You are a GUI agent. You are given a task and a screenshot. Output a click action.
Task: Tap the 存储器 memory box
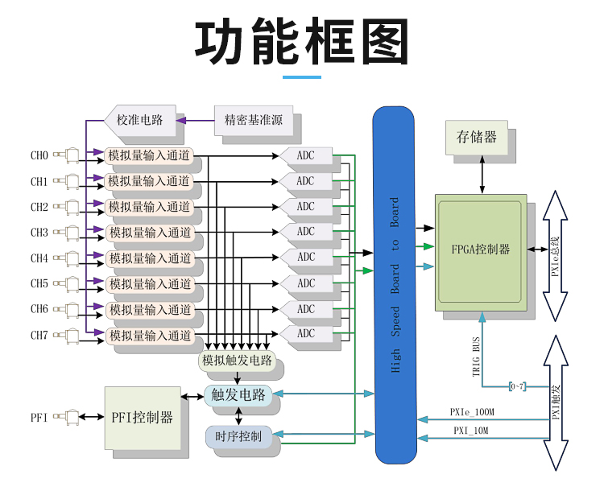pyautogui.click(x=477, y=136)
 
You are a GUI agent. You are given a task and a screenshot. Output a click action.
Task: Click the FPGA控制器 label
pyautogui.click(x=481, y=250)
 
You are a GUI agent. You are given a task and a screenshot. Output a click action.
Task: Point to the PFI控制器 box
pyautogui.click(x=142, y=418)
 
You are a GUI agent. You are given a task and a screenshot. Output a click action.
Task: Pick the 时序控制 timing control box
pyautogui.click(x=238, y=437)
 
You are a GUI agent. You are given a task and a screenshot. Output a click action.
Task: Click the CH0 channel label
pyautogui.click(x=39, y=155)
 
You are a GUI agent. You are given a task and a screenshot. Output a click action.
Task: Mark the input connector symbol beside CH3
pyautogui.click(x=71, y=233)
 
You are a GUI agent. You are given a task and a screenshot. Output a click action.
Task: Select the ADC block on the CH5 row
pyautogui.click(x=306, y=283)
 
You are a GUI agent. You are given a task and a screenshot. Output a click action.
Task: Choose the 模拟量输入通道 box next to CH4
pyautogui.click(x=151, y=258)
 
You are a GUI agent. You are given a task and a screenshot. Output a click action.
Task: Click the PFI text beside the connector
pyautogui.click(x=39, y=417)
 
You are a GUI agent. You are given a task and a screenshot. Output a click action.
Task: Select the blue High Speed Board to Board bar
pyautogui.click(x=395, y=286)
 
